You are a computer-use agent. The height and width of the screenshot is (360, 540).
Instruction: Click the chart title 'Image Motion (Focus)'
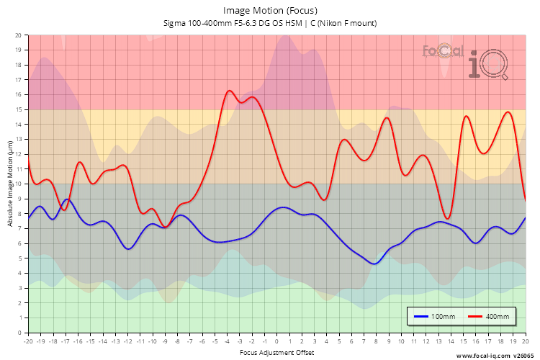pos(270,10)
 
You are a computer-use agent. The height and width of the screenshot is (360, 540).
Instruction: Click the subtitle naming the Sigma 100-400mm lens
pos(270,23)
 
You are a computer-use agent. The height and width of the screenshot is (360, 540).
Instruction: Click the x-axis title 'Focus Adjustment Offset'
pos(276,354)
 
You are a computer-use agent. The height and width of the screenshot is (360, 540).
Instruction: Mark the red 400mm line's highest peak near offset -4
pos(229,91)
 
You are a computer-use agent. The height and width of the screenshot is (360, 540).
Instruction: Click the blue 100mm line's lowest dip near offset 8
pos(374,264)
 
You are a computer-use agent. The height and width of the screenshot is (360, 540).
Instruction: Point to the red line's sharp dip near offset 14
pos(448,219)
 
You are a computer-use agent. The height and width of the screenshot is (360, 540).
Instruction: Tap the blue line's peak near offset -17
pos(67,199)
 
